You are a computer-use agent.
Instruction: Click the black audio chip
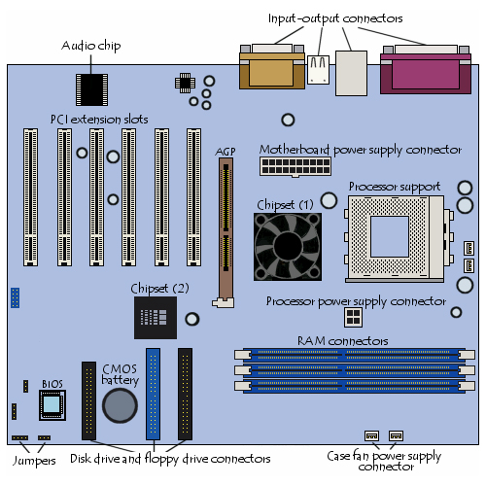coord(91,89)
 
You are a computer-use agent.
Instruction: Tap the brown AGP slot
coord(226,232)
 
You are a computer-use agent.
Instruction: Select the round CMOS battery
coord(120,405)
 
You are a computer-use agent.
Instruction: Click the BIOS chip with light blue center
coord(52,405)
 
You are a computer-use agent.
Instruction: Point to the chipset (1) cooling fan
coord(288,247)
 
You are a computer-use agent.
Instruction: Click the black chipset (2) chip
coord(156,318)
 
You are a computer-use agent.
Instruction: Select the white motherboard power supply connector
coord(295,167)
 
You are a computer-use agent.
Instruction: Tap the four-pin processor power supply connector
coord(353,317)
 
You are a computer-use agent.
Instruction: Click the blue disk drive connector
coord(153,394)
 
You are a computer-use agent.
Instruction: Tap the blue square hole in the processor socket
coord(390,236)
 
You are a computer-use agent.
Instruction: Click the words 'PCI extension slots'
coord(99,120)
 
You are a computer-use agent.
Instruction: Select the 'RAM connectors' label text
coord(343,341)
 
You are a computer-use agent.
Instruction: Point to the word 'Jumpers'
coord(34,461)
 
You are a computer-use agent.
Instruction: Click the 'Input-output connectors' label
coord(335,18)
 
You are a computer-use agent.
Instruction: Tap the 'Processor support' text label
coord(395,187)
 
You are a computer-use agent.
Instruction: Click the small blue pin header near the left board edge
coord(15,297)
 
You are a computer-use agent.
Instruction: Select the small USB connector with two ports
coord(318,70)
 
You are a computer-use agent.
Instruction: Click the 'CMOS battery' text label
coord(121,374)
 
